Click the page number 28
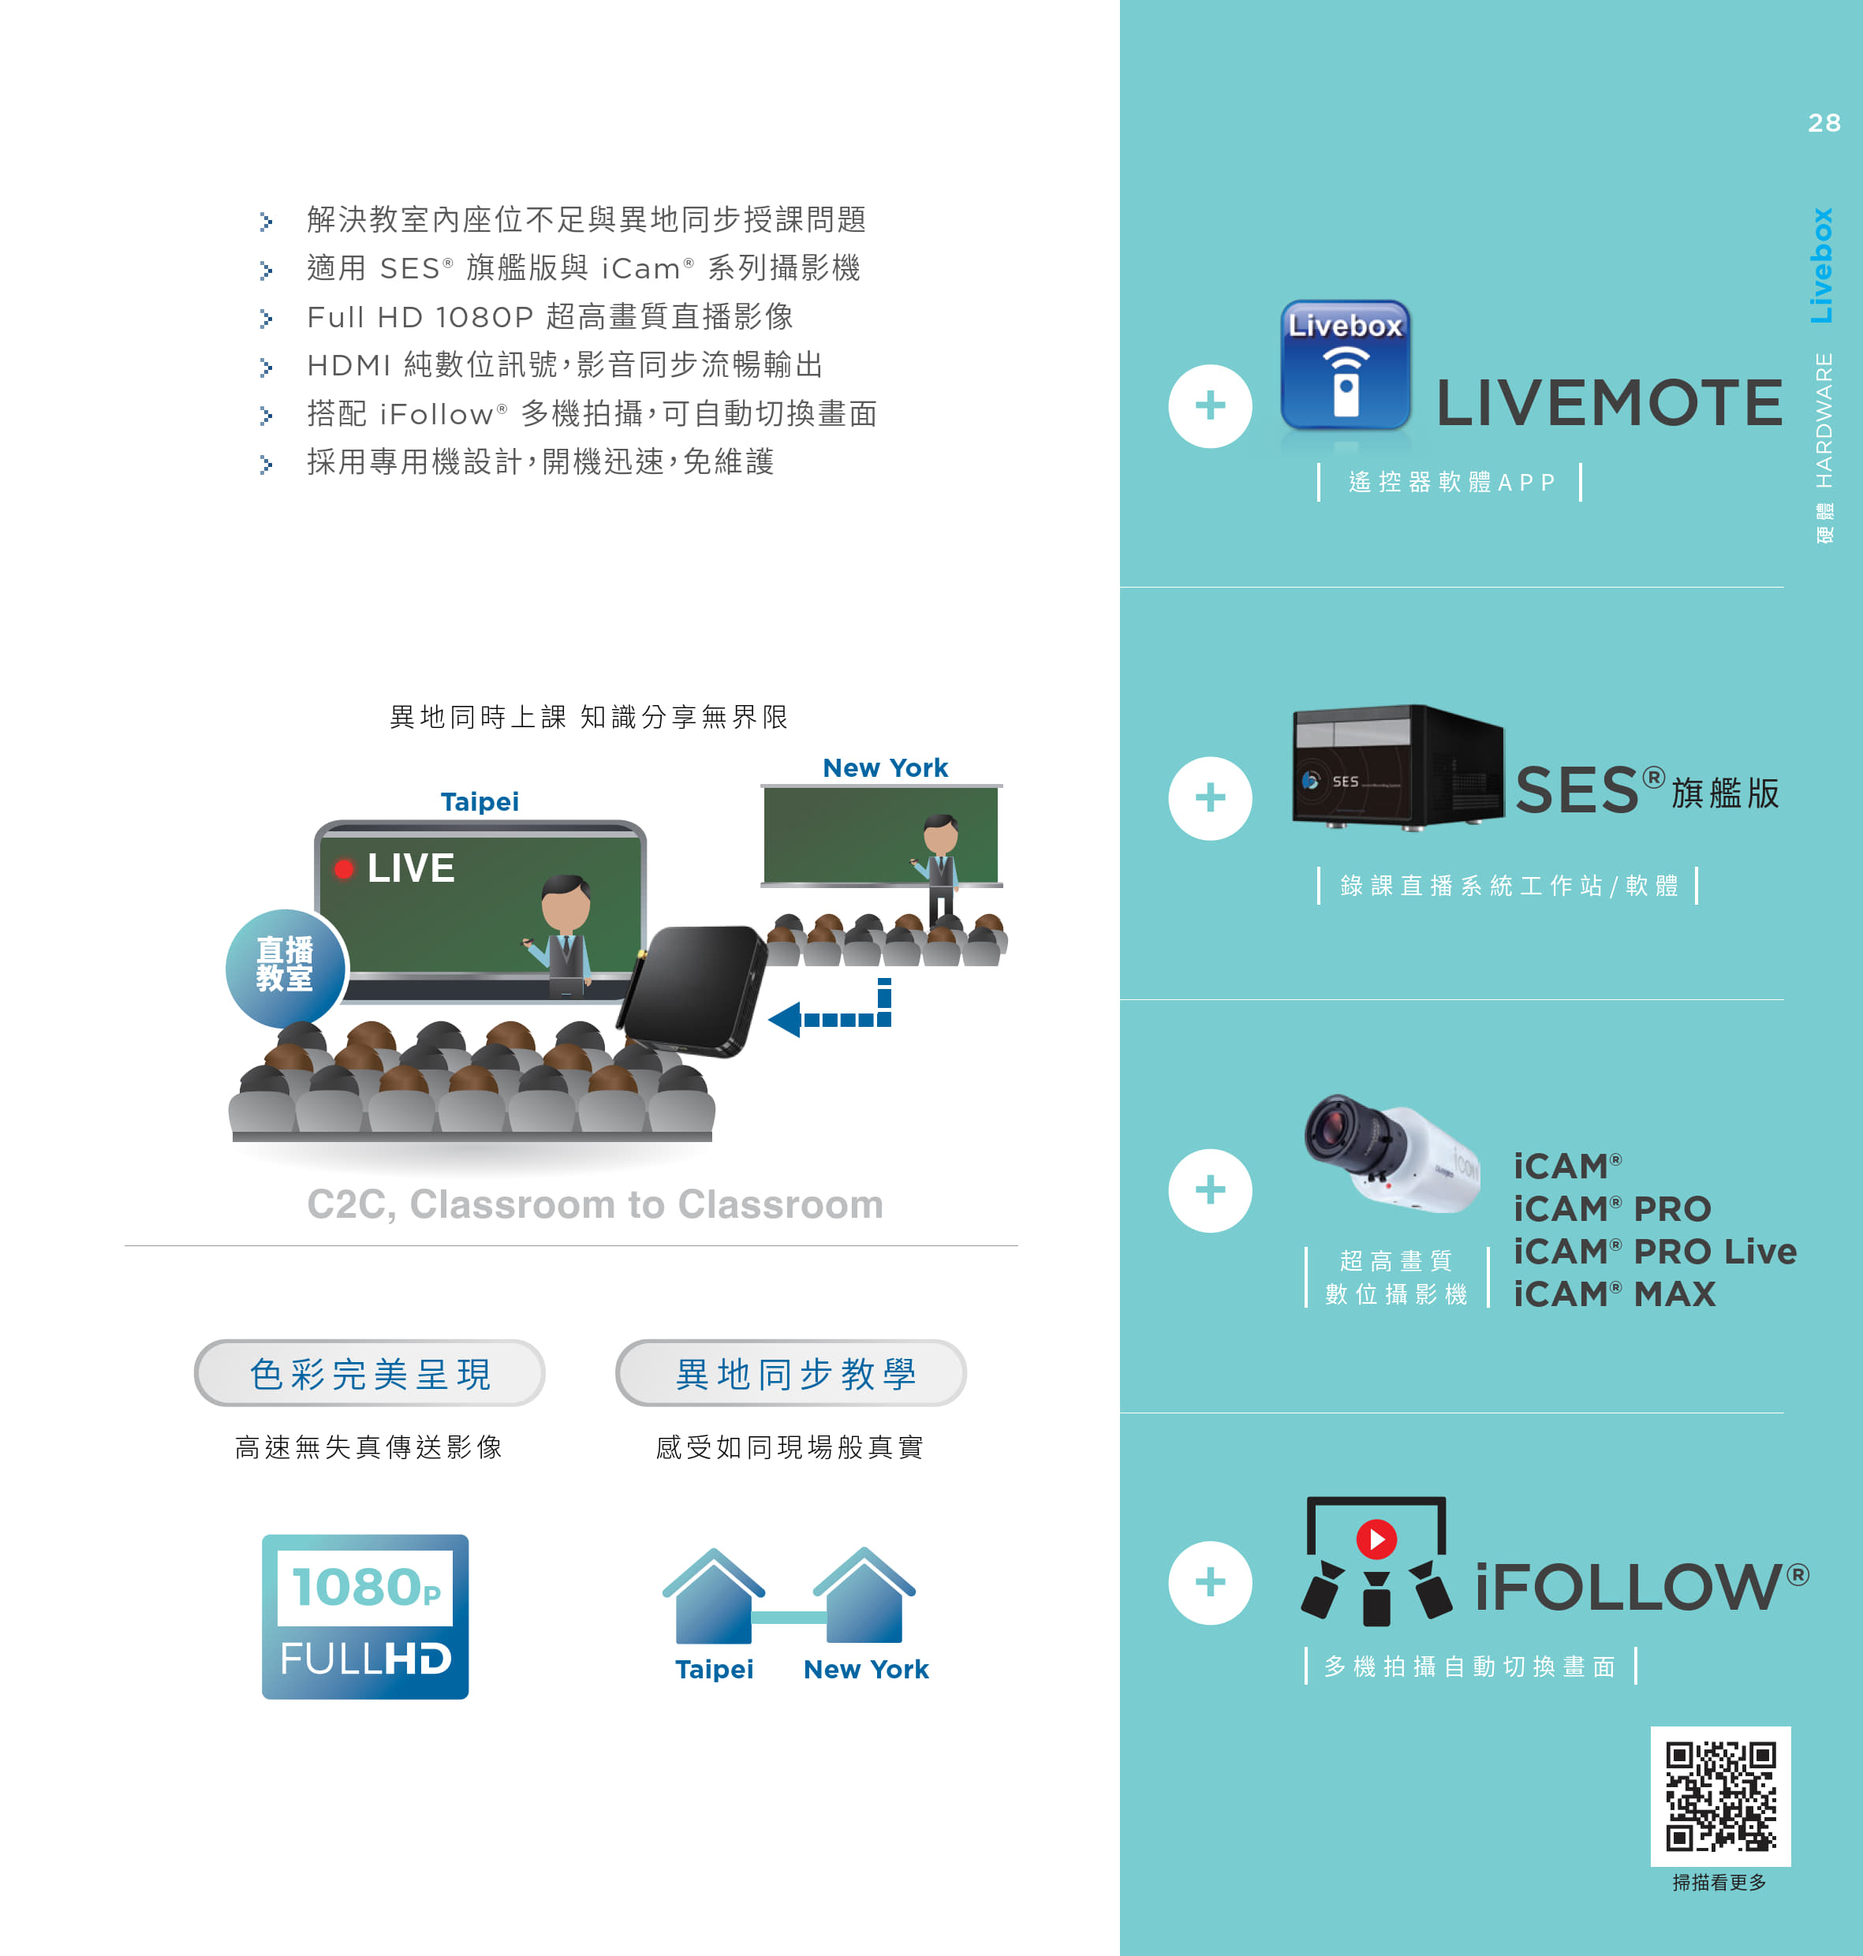(1824, 123)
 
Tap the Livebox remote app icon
(1346, 365)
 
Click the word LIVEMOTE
(1609, 403)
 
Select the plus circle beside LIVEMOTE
(1210, 406)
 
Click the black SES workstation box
(1398, 767)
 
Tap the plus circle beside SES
(1210, 798)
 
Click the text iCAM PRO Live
(1655, 1251)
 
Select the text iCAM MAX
(1615, 1293)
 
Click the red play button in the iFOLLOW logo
(1376, 1539)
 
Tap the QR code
(1720, 1796)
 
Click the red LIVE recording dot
(344, 870)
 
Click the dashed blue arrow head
(785, 1020)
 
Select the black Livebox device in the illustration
(693, 990)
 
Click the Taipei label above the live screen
(480, 802)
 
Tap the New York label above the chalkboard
(885, 767)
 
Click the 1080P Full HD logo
(365, 1616)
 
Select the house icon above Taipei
(714, 1596)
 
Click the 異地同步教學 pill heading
(791, 1373)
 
